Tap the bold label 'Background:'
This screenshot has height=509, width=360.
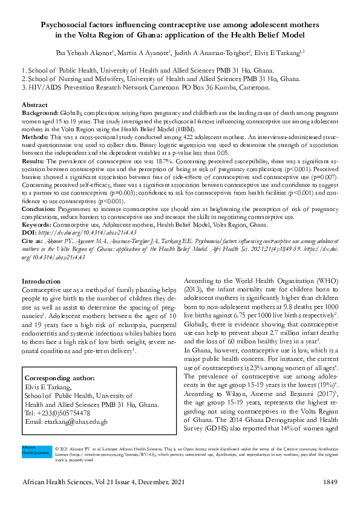click(40, 113)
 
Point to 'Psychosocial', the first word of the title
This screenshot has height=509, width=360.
click(66, 25)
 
